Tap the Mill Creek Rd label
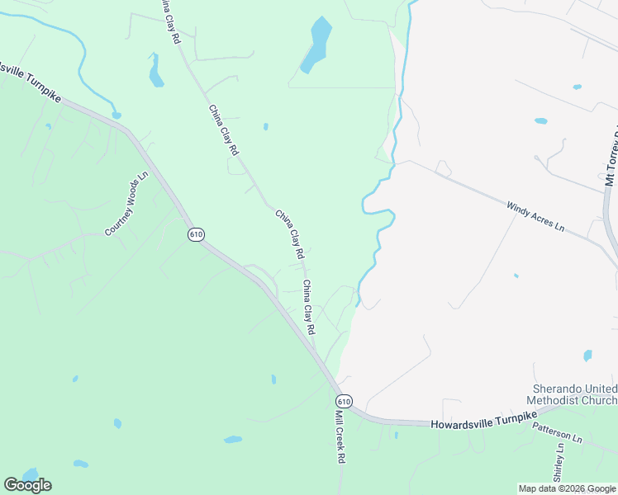(340, 437)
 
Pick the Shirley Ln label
(559, 462)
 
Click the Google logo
(27, 484)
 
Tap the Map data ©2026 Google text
(567, 488)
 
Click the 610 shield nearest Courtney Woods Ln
(195, 234)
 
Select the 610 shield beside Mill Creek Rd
(345, 401)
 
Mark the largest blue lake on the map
(316, 45)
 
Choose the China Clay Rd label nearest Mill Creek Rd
(308, 306)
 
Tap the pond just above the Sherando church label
(587, 356)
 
